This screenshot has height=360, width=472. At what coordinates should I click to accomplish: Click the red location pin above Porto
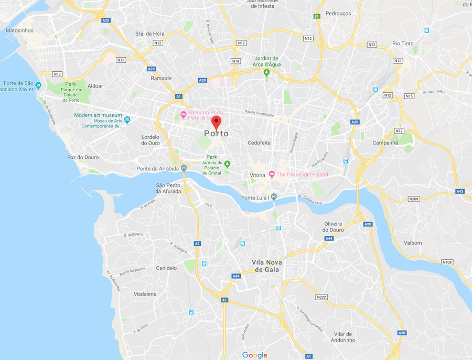(x=217, y=123)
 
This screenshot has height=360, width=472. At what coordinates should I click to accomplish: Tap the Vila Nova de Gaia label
(x=267, y=266)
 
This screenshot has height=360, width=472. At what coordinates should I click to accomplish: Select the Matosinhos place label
(x=19, y=30)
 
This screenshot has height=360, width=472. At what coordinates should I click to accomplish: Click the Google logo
(x=255, y=355)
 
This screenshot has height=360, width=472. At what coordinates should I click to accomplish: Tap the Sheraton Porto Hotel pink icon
(x=183, y=115)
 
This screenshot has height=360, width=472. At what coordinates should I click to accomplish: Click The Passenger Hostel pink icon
(x=272, y=174)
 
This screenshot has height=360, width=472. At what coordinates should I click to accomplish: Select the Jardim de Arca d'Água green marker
(x=267, y=72)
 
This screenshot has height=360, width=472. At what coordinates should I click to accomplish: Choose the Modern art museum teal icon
(x=127, y=119)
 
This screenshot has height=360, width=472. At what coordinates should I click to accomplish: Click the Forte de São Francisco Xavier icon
(x=38, y=85)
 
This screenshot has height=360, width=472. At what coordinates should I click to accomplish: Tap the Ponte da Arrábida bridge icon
(x=184, y=168)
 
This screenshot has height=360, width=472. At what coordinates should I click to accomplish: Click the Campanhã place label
(x=385, y=143)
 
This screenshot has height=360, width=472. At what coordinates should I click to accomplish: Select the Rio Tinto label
(x=403, y=43)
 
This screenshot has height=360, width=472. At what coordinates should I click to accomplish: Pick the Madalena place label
(x=145, y=294)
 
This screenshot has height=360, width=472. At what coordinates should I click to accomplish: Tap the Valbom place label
(x=413, y=243)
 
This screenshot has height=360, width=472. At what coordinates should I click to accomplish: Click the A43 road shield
(x=460, y=191)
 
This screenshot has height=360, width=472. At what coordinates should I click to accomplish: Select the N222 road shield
(x=321, y=297)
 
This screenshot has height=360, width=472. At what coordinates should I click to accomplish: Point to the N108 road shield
(x=447, y=262)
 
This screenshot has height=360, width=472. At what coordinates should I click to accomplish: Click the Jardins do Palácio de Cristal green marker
(x=227, y=165)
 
